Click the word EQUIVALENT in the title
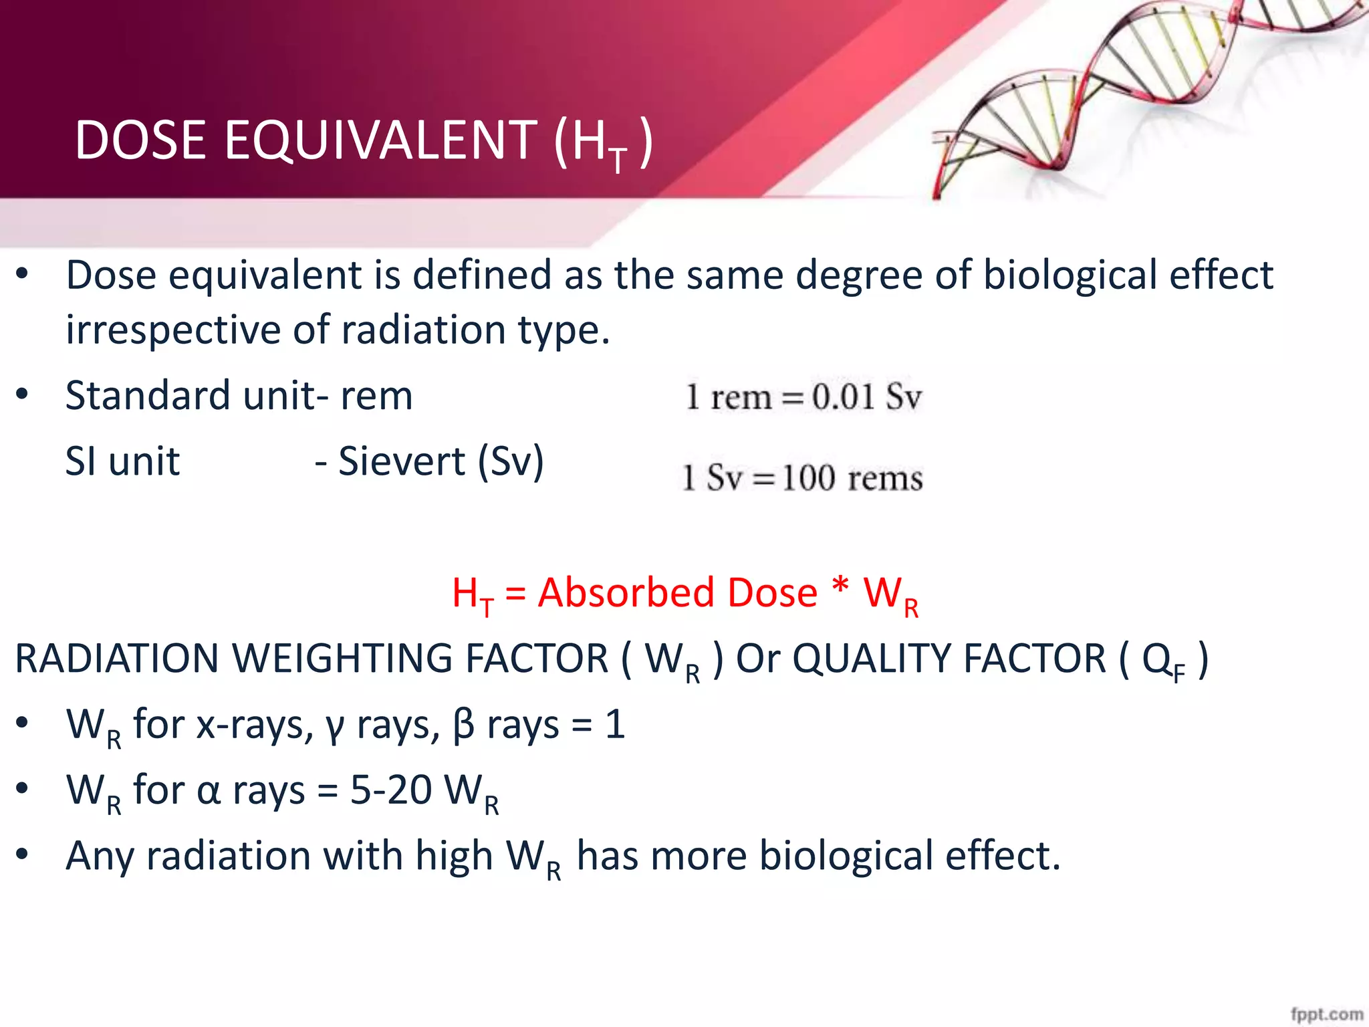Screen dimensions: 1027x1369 click(381, 140)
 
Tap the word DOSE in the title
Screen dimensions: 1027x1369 click(140, 140)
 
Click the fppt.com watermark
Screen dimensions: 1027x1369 click(1326, 1014)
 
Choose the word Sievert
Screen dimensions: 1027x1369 click(402, 461)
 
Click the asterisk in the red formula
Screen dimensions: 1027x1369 click(840, 588)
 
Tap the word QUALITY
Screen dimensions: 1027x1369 click(949, 659)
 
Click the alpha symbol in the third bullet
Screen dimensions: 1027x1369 click(209, 792)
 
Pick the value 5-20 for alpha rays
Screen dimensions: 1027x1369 click(391, 790)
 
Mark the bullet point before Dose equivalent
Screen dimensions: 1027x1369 click(22, 274)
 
